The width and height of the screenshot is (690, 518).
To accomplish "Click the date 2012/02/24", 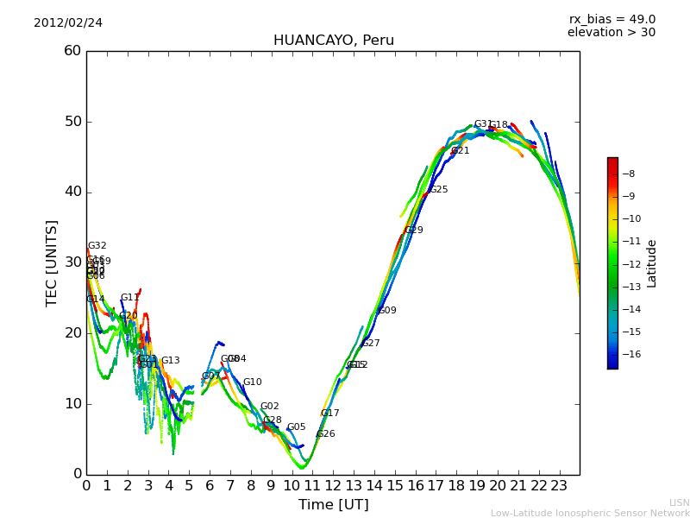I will point(68,23).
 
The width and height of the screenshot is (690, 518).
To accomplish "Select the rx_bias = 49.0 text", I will point(612,20).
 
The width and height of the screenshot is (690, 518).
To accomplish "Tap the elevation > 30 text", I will point(611,33).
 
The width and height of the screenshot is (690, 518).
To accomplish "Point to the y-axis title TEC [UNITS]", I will point(53,263).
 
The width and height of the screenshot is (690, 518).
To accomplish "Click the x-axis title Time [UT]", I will point(333,505).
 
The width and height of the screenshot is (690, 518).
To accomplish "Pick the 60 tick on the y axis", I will point(72,51).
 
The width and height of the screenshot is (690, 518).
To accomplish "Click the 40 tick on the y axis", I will point(72,192).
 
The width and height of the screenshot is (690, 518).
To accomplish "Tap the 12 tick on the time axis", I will point(333,485).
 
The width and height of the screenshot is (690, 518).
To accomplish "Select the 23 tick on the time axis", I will point(559,485).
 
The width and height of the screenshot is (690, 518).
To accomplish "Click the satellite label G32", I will point(97,246).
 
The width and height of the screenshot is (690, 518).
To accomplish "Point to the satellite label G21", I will point(461,151).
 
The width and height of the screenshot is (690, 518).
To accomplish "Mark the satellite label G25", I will point(439,190).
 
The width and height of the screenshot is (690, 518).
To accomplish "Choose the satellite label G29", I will point(414,231).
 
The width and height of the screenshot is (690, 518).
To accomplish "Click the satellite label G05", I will point(297,427).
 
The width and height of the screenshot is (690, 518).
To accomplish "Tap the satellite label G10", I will point(253,382).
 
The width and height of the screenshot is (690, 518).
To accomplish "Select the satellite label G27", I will point(371,344).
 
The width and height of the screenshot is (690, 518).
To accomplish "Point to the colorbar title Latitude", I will point(652,263).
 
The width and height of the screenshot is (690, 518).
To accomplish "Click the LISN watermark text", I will point(680,502).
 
